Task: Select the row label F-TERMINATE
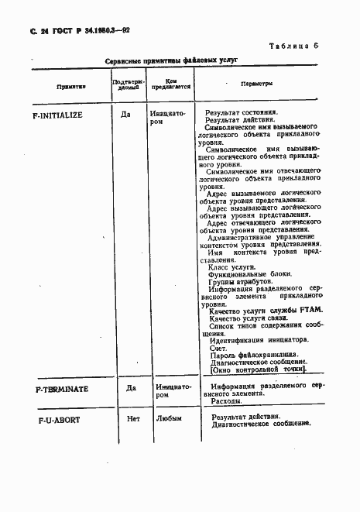(x=63, y=388)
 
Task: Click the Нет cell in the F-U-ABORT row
(x=132, y=418)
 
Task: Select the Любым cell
(x=169, y=418)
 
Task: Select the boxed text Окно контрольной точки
(x=258, y=369)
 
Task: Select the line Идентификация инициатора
(x=259, y=339)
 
